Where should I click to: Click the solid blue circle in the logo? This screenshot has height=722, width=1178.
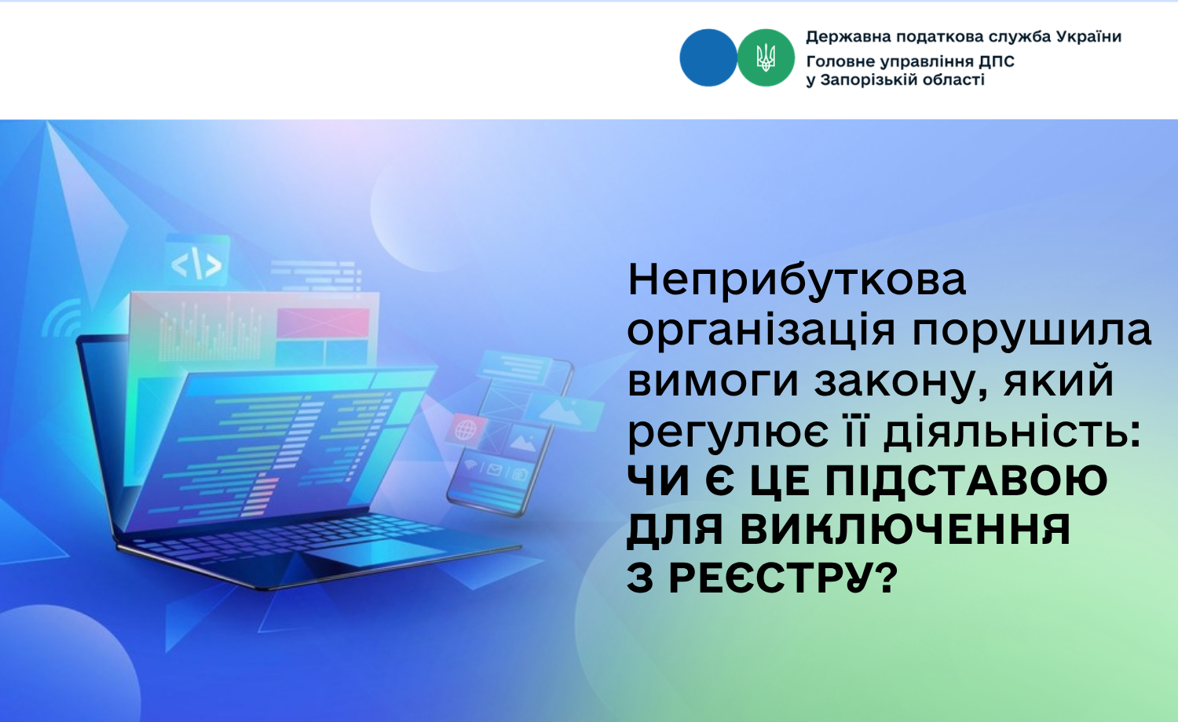[708, 57]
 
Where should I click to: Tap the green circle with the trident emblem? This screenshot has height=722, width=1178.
[766, 57]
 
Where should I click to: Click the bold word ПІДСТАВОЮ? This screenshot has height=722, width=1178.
[966, 480]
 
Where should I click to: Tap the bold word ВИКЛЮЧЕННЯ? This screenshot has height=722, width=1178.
[905, 529]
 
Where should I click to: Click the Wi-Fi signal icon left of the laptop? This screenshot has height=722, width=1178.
[62, 318]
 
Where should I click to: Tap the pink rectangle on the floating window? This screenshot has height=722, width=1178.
[322, 322]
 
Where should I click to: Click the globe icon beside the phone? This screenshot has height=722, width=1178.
[466, 430]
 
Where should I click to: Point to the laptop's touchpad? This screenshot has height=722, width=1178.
[371, 552]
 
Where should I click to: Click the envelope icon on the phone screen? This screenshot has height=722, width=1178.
[494, 469]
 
